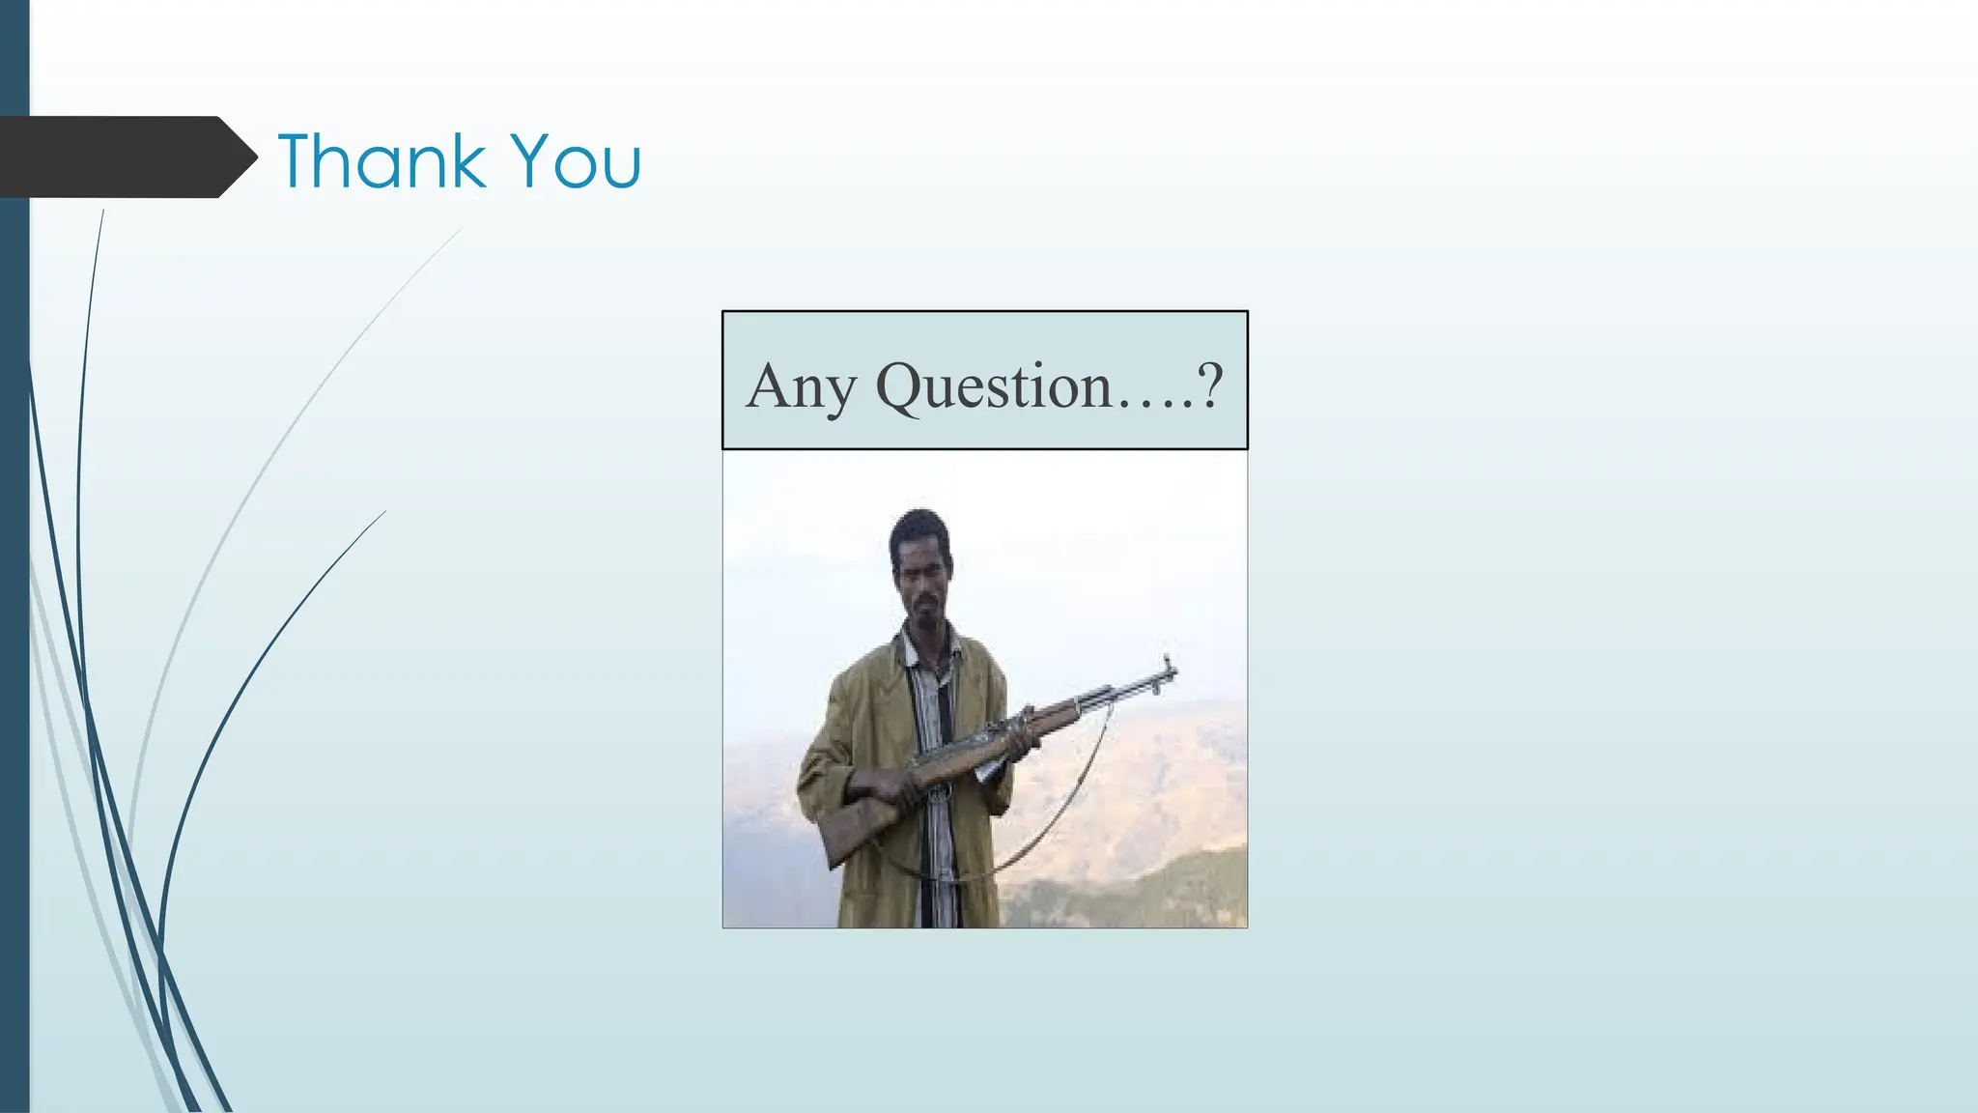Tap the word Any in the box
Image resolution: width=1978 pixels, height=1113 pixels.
pyautogui.click(x=801, y=386)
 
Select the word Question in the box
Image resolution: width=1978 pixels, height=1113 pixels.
pyautogui.click(x=994, y=386)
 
